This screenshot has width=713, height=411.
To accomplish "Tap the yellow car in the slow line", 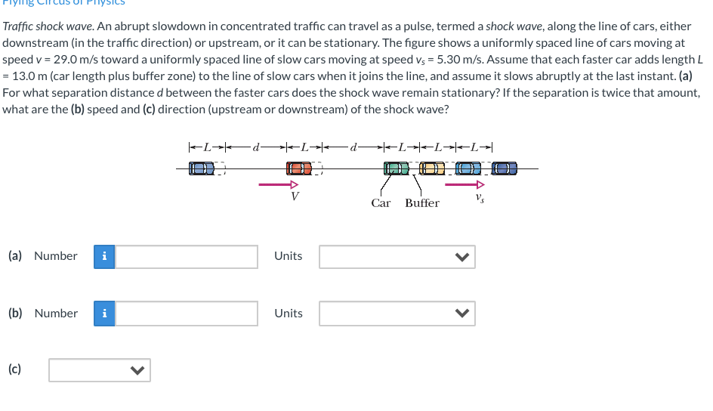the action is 431,169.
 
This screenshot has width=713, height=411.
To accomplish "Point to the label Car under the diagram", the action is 381,202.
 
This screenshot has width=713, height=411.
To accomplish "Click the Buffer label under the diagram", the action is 421,202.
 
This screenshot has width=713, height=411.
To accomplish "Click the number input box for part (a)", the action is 187,256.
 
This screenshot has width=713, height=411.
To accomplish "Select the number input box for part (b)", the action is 187,314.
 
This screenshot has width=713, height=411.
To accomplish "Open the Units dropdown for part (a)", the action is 397,256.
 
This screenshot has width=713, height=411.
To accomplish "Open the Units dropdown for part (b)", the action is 397,314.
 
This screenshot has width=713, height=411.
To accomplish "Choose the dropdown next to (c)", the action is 99,370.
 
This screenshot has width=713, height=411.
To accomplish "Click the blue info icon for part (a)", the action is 104,256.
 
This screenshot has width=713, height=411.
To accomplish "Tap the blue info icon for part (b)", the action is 104,314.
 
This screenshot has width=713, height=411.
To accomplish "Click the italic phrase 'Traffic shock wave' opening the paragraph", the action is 47,26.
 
